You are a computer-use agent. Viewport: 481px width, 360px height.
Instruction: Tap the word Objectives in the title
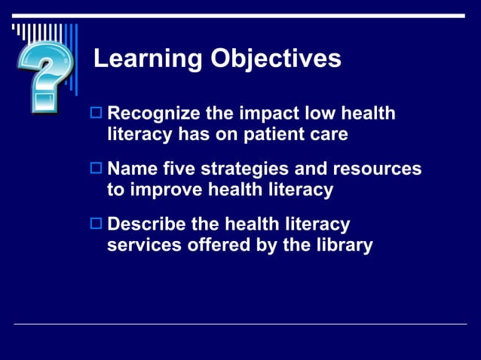tap(275, 59)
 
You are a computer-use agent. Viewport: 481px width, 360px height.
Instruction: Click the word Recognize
tap(154, 114)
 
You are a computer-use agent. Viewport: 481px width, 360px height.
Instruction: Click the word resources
tap(379, 169)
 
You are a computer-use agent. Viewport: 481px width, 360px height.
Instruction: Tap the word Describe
tap(148, 224)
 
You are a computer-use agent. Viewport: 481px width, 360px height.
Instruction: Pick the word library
tap(343, 245)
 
